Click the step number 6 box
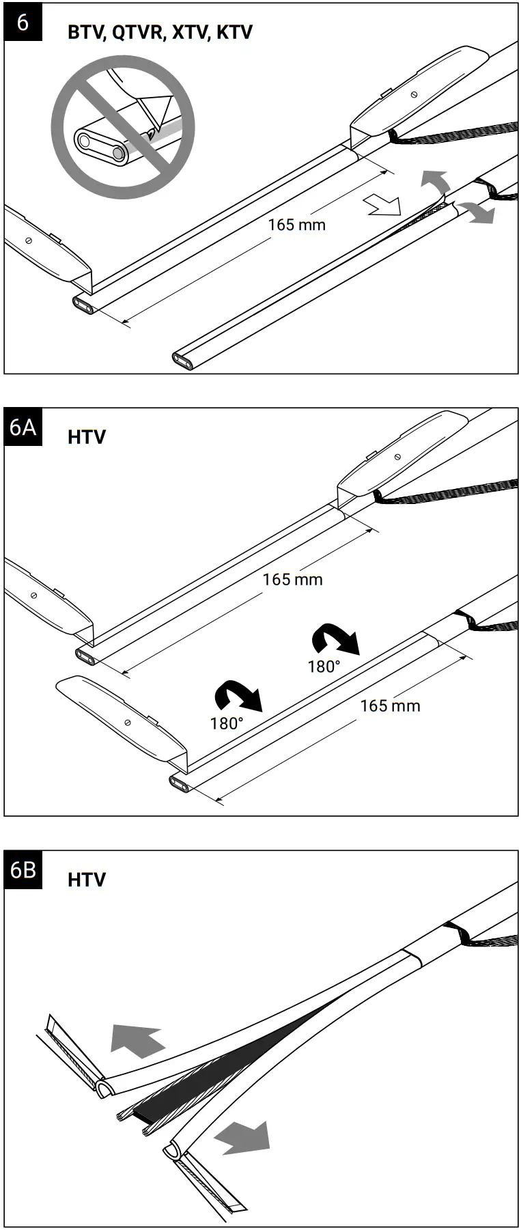[x=23, y=22]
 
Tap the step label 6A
[x=23, y=427]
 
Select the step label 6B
[x=23, y=870]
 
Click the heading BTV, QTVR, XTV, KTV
[x=160, y=32]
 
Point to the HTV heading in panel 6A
[x=87, y=437]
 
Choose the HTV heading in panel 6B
[x=87, y=880]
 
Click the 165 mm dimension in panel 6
[x=296, y=224]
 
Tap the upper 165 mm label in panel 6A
[x=292, y=579]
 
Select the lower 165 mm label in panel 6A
[x=390, y=705]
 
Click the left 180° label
[x=227, y=723]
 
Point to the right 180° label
[x=324, y=666]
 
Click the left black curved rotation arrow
[x=237, y=696]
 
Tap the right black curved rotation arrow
[x=334, y=639]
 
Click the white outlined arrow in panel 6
[x=383, y=204]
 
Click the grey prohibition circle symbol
[x=123, y=127]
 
